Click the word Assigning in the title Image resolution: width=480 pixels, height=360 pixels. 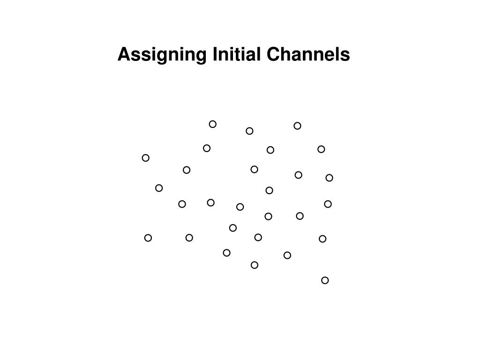(162, 55)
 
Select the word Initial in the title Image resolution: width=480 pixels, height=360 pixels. (236, 55)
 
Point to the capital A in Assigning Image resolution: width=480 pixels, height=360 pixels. (123, 55)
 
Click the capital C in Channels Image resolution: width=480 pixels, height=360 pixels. (273, 55)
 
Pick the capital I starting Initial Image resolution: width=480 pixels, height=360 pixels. (215, 55)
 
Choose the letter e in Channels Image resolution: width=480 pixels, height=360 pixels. (329, 56)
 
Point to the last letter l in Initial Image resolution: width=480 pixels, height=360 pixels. (258, 55)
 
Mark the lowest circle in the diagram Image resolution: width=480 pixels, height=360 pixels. (325, 280)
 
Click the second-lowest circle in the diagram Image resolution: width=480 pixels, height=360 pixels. (255, 265)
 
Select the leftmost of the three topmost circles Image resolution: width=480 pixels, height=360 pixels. (213, 124)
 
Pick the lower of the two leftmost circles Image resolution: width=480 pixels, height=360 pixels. (148, 238)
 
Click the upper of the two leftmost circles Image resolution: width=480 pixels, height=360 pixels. (146, 158)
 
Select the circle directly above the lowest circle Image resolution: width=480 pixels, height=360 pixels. (322, 239)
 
